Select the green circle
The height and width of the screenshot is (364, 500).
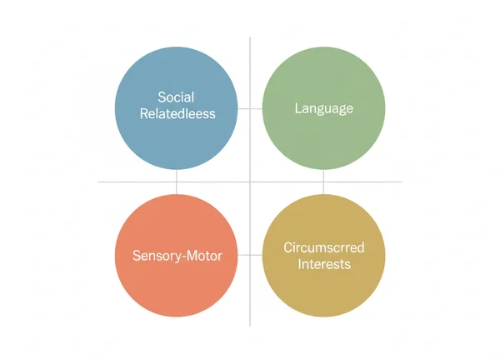click(x=323, y=108)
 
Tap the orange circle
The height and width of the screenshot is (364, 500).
click(x=176, y=256)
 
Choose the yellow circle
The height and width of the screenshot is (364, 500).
click(x=323, y=256)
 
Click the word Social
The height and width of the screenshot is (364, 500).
click(x=176, y=97)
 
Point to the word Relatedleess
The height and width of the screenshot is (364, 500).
click(x=176, y=115)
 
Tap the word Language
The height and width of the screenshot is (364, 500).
click(x=324, y=108)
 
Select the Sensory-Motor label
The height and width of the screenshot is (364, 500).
click(x=177, y=256)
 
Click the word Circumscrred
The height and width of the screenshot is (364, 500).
click(x=324, y=247)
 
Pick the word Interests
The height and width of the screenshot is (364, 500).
click(x=324, y=264)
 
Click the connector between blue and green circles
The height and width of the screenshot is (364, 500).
click(x=250, y=108)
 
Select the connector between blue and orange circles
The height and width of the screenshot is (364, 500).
click(x=177, y=182)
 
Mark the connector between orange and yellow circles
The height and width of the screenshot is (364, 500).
click(x=250, y=255)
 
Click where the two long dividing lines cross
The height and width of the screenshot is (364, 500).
click(x=250, y=182)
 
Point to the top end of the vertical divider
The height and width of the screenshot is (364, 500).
click(x=250, y=37)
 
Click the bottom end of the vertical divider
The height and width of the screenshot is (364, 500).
click(x=250, y=326)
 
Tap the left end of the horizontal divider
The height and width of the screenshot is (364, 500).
click(x=99, y=182)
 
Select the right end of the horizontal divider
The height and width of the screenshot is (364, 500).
click(x=402, y=182)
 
